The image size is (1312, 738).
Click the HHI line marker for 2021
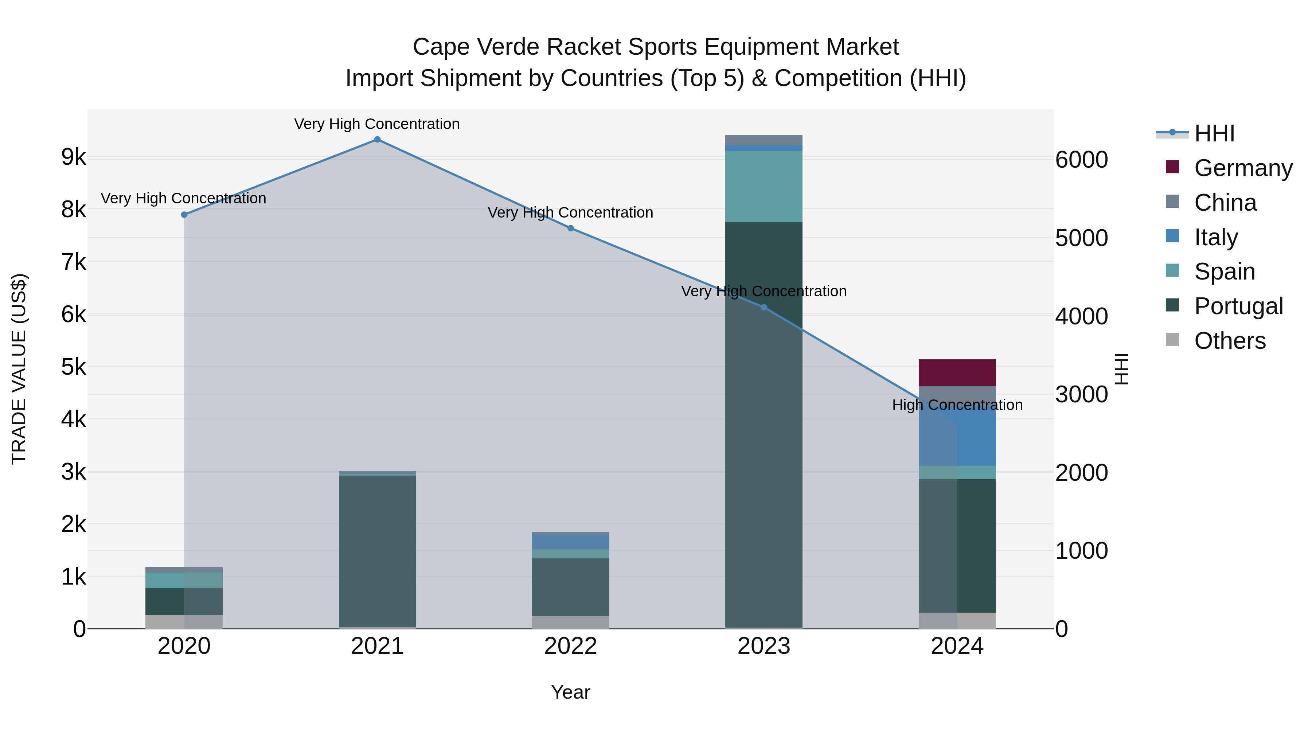pos(378,140)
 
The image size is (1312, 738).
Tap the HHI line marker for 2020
pos(184,215)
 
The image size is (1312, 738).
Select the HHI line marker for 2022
pos(570,228)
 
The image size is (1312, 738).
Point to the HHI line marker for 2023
pos(764,307)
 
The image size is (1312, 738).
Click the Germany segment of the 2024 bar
pos(957,373)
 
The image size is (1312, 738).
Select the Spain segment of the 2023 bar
pos(764,186)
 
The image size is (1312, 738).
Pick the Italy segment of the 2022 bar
pos(570,541)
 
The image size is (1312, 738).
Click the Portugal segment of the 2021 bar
pos(378,550)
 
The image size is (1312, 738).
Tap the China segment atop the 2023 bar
pos(764,140)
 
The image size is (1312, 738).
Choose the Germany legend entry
pos(1243,168)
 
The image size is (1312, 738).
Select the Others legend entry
pos(1230,341)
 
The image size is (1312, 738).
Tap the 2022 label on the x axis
pos(570,646)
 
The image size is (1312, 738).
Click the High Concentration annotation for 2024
pos(957,405)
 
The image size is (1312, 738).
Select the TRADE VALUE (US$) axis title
pos(19,369)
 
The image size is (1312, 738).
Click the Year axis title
pos(570,692)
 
